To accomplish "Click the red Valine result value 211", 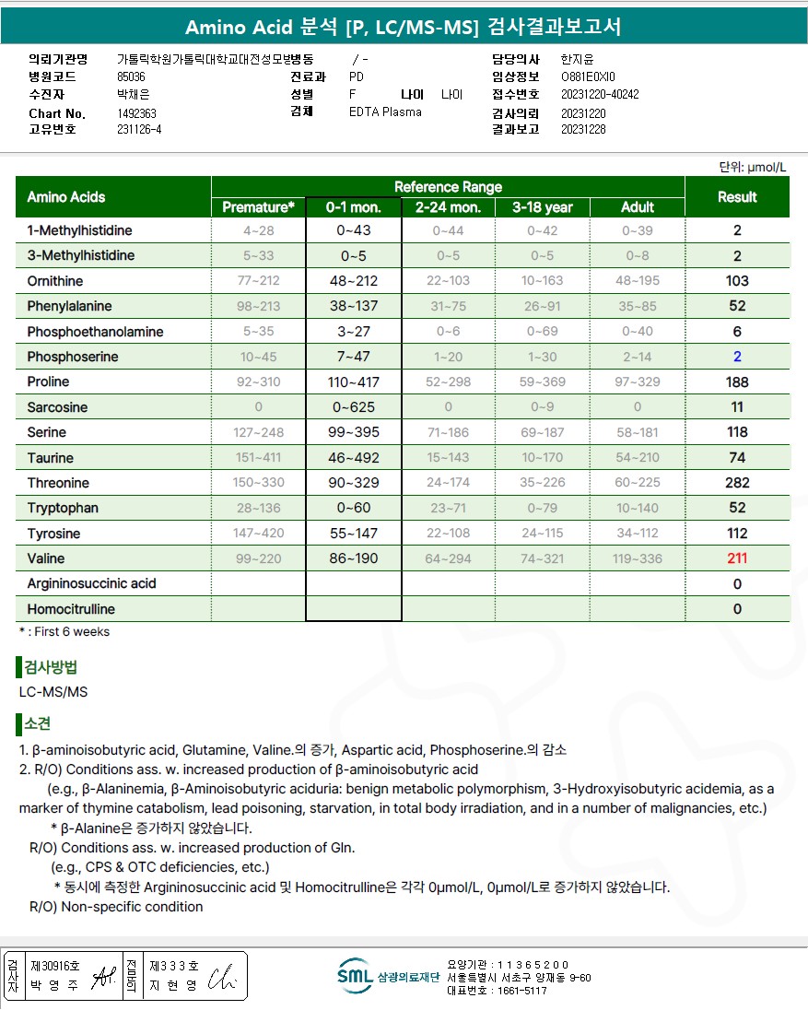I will (737, 558).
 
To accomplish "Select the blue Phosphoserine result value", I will (737, 357).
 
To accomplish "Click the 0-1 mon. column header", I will (354, 207).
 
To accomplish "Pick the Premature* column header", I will (259, 207).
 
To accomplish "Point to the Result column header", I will (737, 197).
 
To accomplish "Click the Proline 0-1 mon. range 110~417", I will (354, 382).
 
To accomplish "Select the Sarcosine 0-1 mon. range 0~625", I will (354, 407).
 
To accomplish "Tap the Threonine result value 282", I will (737, 483).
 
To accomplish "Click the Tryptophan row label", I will (63, 508).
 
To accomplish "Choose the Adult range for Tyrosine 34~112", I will (638, 534).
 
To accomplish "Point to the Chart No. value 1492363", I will (136, 113).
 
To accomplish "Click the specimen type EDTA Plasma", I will (385, 112).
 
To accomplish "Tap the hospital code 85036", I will (131, 77).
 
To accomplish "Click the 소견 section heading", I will (38, 724).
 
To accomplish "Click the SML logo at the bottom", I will (354, 976).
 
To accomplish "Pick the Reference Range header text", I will (448, 187).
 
